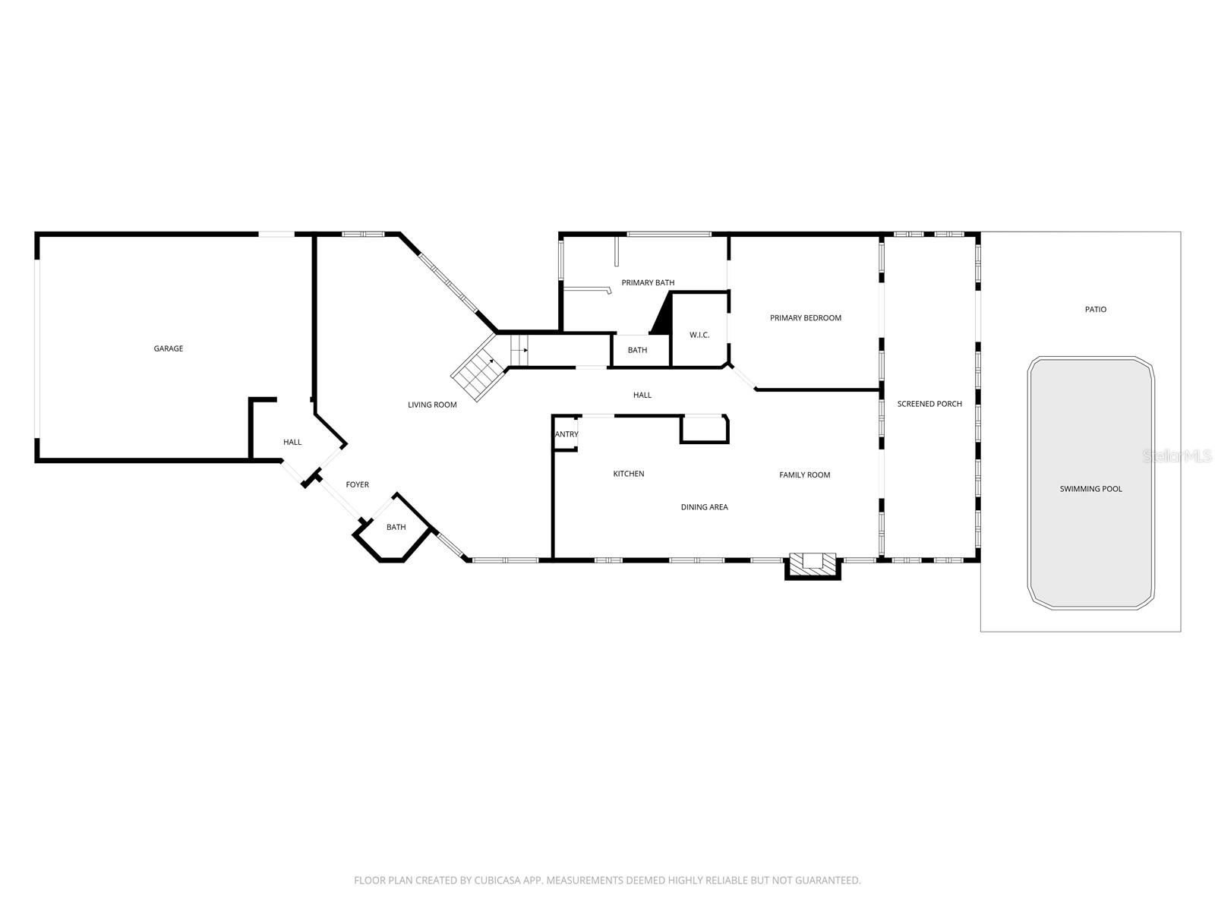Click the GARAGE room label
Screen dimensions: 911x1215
169,348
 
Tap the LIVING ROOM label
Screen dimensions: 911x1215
432,405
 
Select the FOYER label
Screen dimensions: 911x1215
357,484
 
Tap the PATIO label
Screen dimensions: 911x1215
1095,309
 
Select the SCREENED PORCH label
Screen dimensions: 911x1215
929,404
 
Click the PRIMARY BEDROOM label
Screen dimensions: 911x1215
805,318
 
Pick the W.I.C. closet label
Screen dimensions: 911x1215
699,335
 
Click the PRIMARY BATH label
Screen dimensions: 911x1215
648,282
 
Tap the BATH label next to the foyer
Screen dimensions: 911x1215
396,527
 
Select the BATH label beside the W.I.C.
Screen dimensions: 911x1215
637,350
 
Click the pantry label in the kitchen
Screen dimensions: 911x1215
566,434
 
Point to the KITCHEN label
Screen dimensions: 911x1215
628,474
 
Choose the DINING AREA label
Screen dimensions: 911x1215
704,507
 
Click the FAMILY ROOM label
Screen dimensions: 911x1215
804,475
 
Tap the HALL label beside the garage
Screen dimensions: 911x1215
292,442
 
